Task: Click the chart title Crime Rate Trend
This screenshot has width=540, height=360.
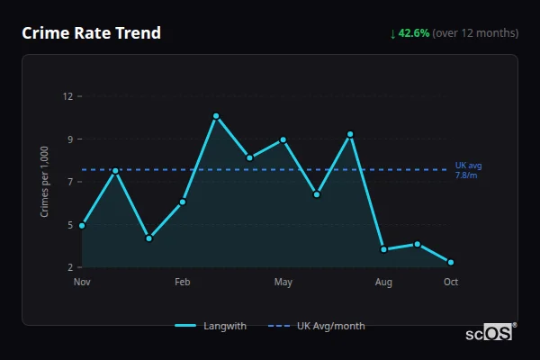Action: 91,33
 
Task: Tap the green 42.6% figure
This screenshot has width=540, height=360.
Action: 415,33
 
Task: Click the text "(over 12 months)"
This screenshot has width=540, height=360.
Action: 475,33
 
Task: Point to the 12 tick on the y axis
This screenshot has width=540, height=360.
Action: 68,96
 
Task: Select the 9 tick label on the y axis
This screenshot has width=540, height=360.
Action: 70,139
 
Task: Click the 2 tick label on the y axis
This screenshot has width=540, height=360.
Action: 70,267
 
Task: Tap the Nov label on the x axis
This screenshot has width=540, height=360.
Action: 82,283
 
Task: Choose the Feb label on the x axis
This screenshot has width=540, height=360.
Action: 183,283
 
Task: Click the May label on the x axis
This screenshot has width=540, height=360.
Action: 283,283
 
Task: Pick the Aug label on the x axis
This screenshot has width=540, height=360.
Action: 383,283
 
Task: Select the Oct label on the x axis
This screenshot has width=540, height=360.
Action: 451,283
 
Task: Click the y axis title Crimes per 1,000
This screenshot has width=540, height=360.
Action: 44,182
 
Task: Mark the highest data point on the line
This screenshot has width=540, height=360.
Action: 216,116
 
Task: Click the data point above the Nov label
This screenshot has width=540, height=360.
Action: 82,225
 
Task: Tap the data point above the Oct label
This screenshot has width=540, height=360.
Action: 451,262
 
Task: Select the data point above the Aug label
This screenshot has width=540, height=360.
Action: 383,249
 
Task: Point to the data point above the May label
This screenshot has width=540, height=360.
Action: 283,139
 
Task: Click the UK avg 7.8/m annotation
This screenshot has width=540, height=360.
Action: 468,170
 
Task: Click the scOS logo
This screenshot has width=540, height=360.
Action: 489,332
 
